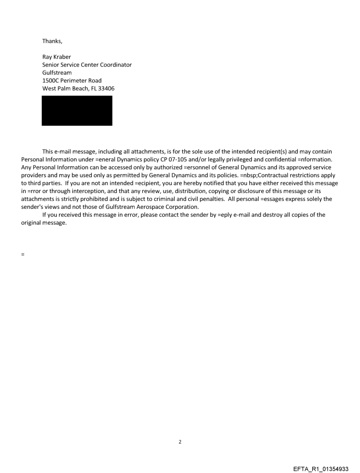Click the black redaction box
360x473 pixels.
pyautogui.click(x=77, y=111)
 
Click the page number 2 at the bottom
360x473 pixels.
pyautogui.click(x=180, y=442)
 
